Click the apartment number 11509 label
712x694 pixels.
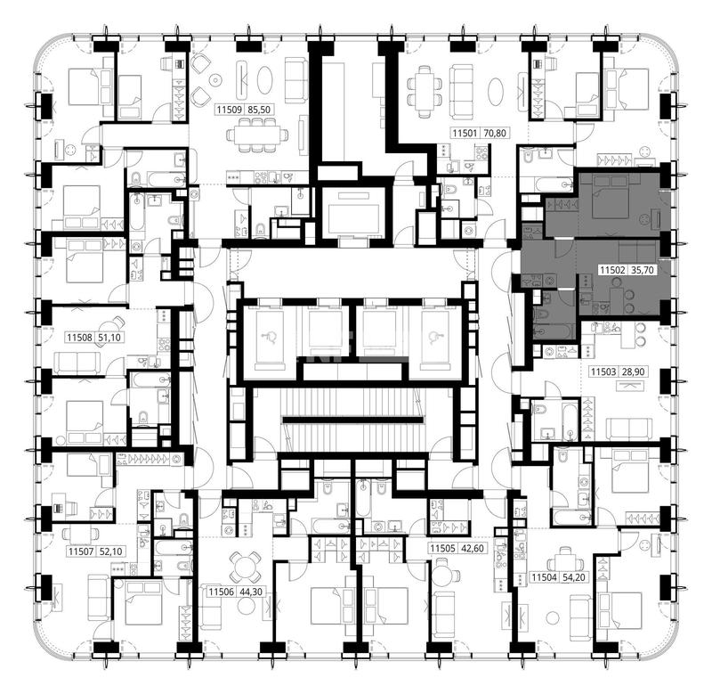231,110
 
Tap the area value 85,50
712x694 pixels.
260,110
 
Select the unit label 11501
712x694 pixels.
465,133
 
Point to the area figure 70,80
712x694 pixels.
495,133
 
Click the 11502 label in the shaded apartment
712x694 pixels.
613,270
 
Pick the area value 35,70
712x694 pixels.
643,270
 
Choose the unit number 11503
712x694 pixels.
603,371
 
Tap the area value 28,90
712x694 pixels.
633,371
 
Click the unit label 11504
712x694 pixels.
545,577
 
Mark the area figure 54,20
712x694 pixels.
574,577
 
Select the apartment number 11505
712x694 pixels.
442,548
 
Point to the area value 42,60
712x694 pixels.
473,548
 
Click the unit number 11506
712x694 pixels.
221,592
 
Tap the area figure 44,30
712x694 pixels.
251,592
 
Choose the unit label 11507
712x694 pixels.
82,551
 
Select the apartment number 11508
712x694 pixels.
80,338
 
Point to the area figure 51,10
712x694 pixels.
109,338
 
